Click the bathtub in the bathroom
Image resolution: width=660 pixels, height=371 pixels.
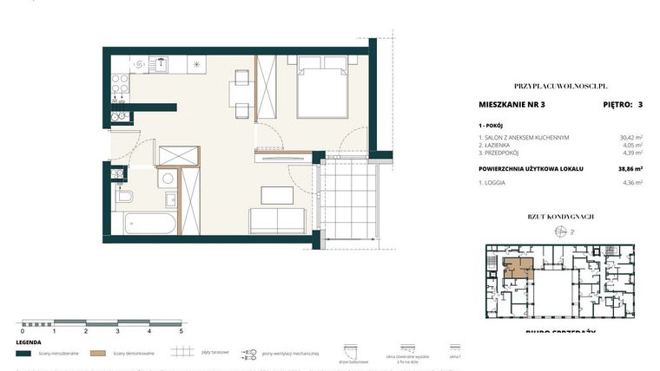coord(146,225)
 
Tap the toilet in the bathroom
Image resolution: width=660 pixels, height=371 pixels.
coord(123,197)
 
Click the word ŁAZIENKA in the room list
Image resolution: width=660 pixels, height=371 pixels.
coord(503,146)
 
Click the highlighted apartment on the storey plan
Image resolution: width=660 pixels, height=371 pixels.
coord(518,266)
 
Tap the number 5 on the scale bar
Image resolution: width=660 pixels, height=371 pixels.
coord(181,331)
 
